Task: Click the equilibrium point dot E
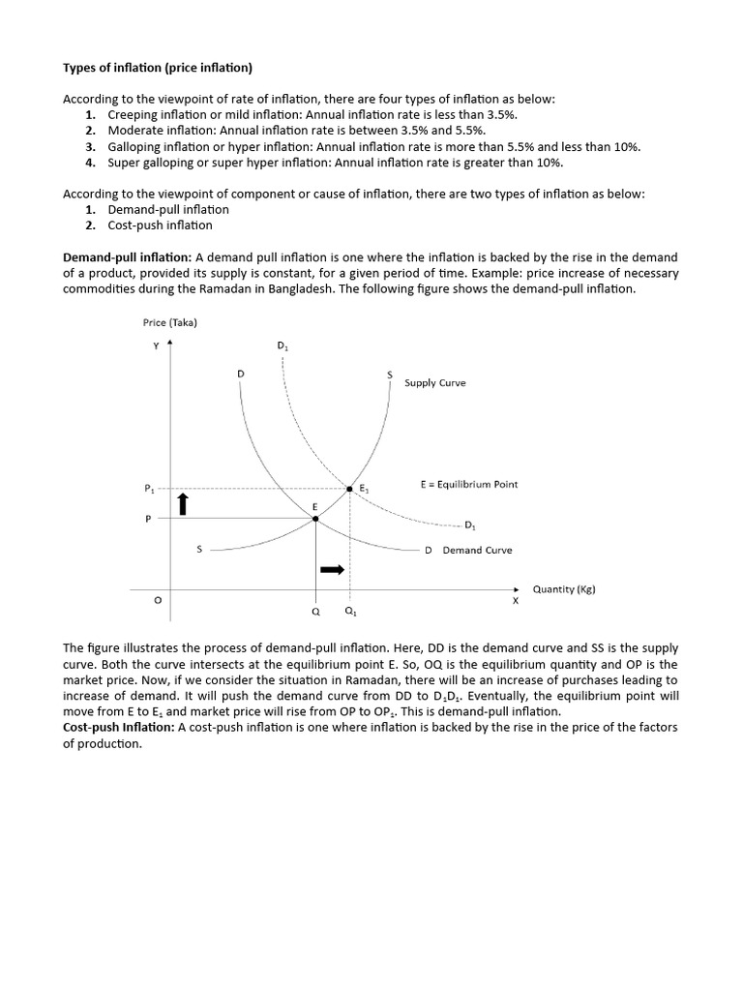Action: (x=315, y=519)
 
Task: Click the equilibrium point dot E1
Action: (x=349, y=489)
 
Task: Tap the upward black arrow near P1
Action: (x=182, y=503)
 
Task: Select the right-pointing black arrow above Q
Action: (x=332, y=570)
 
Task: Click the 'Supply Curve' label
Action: (x=434, y=382)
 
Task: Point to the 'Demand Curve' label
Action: (x=477, y=550)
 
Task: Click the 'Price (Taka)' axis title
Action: (x=169, y=322)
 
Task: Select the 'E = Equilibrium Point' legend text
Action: (x=468, y=484)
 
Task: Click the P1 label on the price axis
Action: (x=149, y=489)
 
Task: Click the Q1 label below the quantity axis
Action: (x=349, y=613)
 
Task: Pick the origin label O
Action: (x=158, y=601)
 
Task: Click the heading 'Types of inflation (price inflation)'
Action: (x=157, y=67)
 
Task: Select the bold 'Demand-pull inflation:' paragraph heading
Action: (x=127, y=257)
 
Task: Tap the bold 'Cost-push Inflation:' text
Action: (x=118, y=727)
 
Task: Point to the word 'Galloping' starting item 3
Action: (x=133, y=146)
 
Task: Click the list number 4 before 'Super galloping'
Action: (x=89, y=163)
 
